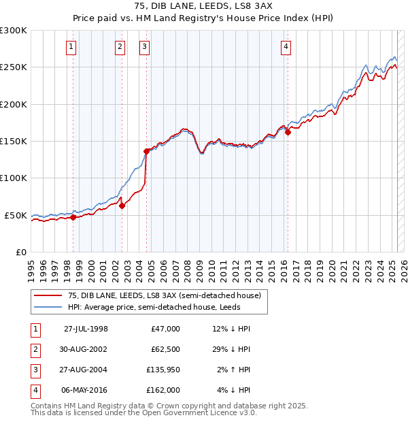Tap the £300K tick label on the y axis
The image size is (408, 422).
point(14,31)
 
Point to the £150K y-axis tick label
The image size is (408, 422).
point(14,141)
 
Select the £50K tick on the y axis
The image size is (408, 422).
point(16,215)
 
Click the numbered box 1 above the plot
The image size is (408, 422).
point(71,47)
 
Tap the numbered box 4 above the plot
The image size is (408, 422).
point(286,47)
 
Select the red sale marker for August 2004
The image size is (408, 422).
point(146,151)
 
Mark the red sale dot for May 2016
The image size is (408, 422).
point(288,132)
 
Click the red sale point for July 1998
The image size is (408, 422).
point(73,218)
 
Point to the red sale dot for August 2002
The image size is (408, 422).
point(122,206)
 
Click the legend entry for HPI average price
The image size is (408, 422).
point(163,307)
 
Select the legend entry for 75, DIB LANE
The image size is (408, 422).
point(163,295)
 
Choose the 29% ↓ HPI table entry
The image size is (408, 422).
point(232,349)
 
